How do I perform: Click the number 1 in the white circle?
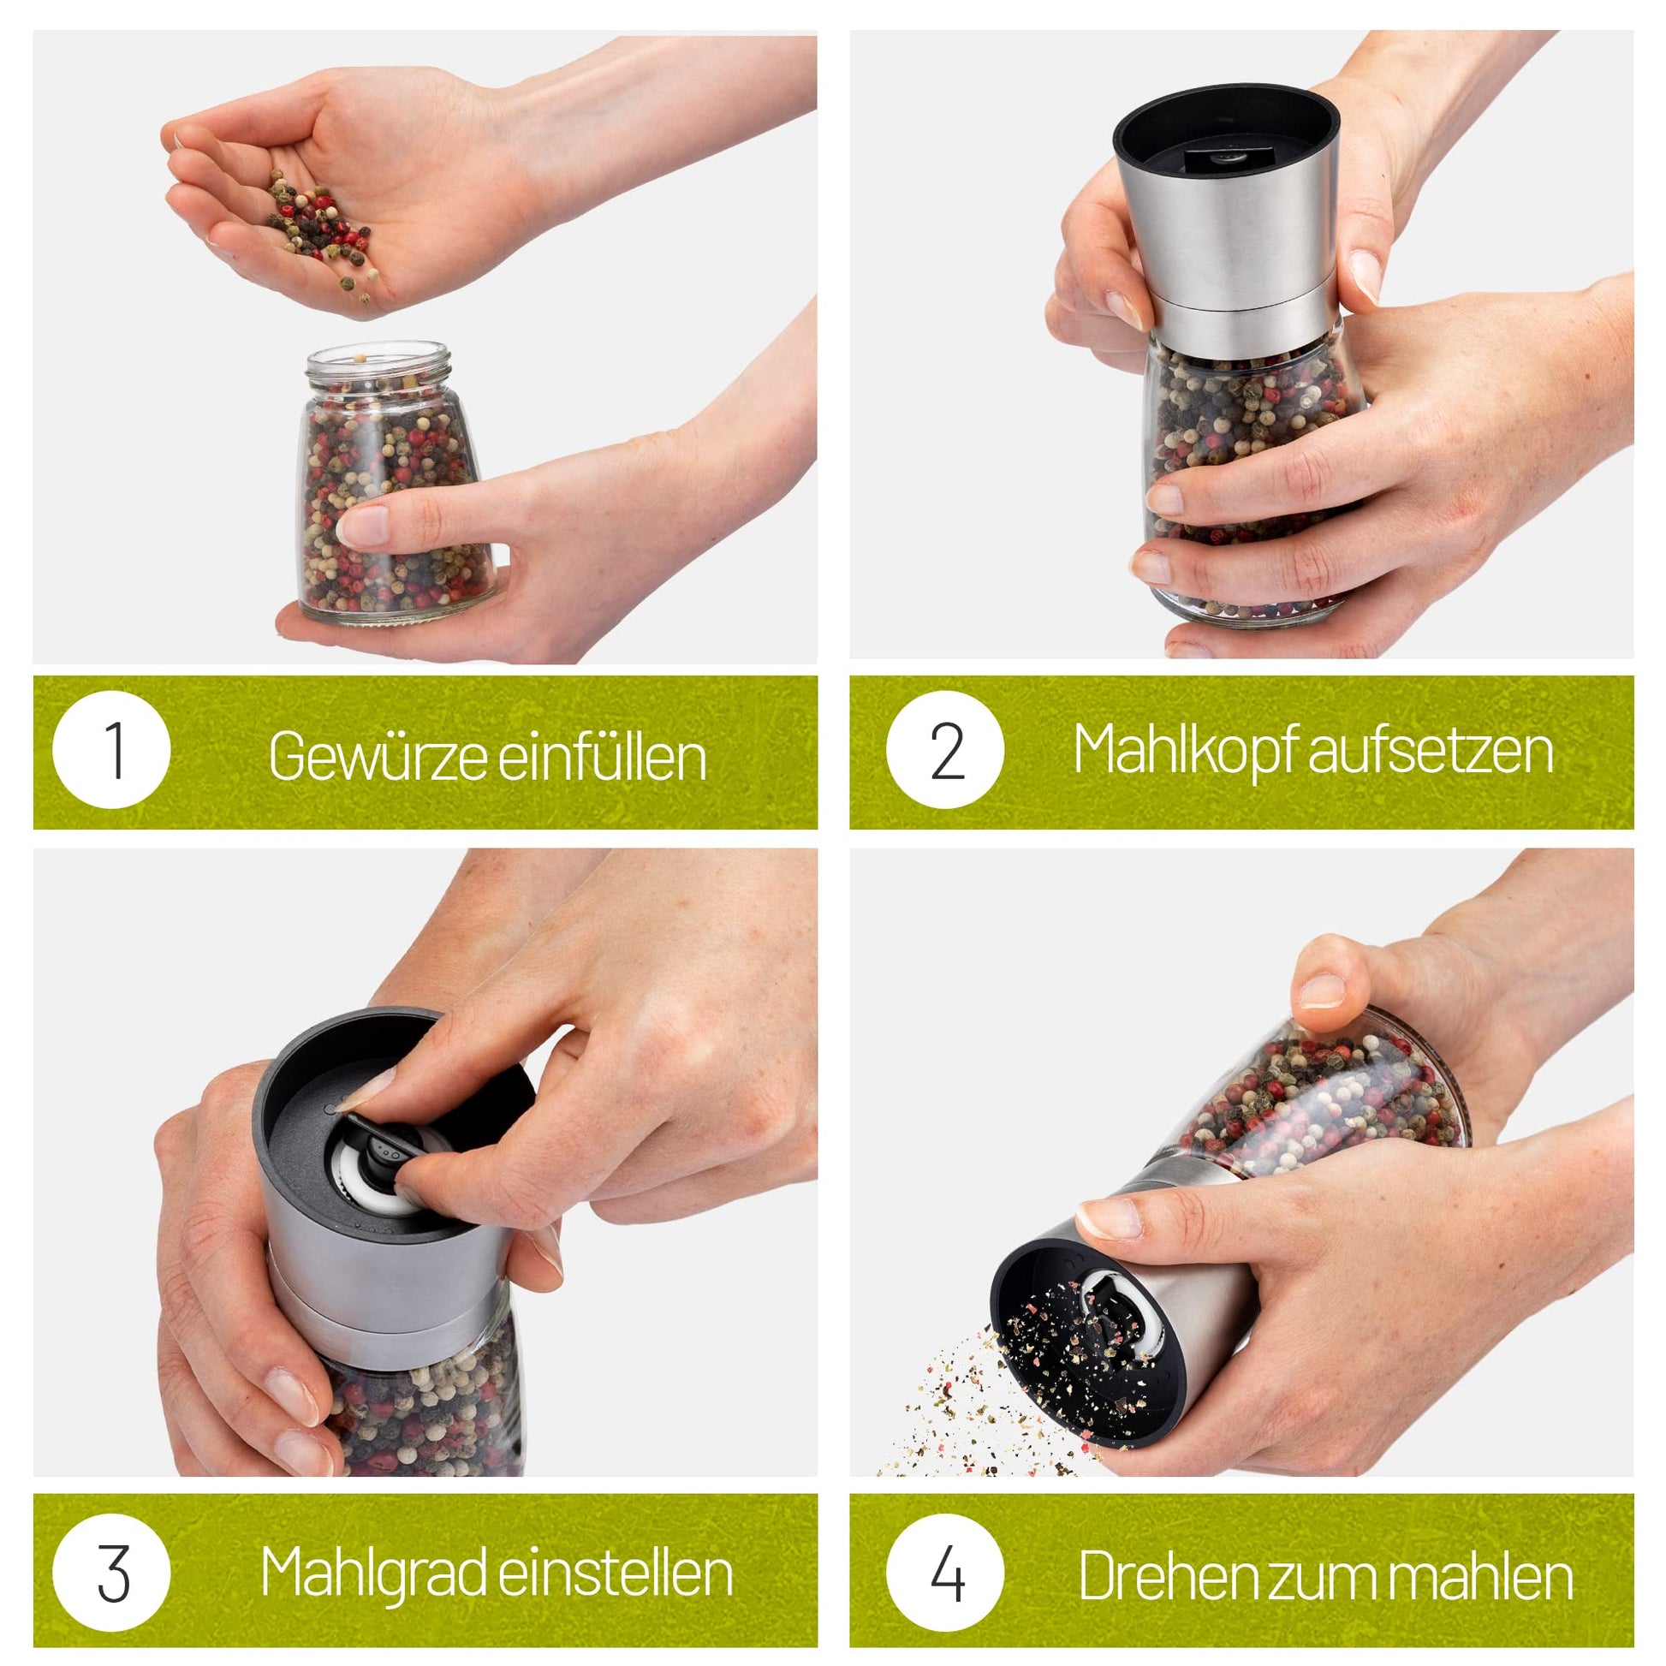pyautogui.click(x=114, y=750)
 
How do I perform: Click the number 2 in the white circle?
pyautogui.click(x=947, y=750)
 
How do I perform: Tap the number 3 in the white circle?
pyautogui.click(x=113, y=1574)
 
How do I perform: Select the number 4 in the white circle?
pyautogui.click(x=947, y=1574)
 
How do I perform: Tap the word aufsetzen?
pyautogui.click(x=1431, y=750)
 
